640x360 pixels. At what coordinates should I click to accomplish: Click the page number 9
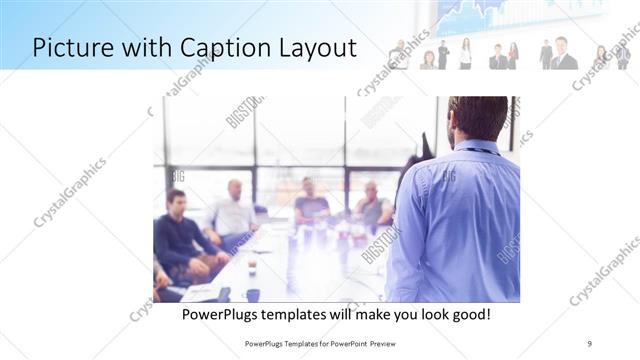click(590, 343)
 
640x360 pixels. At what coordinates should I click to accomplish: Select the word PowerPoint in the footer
click(343, 343)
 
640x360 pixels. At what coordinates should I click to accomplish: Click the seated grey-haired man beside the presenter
click(372, 207)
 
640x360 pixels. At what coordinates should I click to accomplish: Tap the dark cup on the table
click(253, 294)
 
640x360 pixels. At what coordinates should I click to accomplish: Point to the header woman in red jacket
click(513, 56)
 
